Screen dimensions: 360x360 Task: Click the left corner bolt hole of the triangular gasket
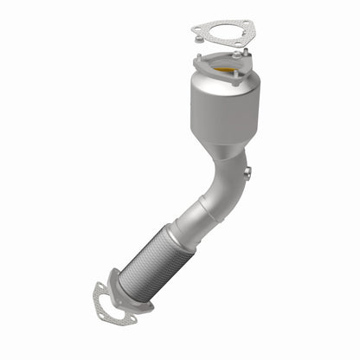[x=196, y=28]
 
